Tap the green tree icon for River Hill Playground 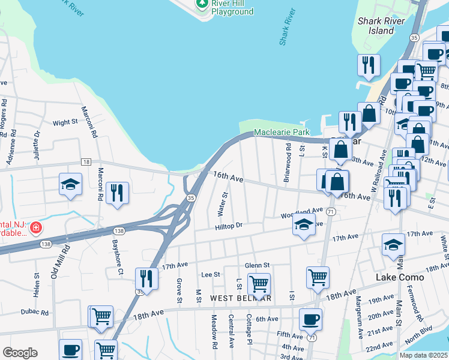click(202, 4)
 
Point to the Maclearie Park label click(281, 131)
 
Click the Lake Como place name click(400, 277)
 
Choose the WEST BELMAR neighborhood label click(241, 298)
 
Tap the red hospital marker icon click(36, 228)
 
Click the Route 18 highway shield click(86, 162)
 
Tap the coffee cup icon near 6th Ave click(310, 319)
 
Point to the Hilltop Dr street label click(229, 226)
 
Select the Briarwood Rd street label click(288, 154)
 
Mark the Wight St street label click(65, 122)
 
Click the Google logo click(20, 353)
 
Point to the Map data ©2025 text click(423, 355)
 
